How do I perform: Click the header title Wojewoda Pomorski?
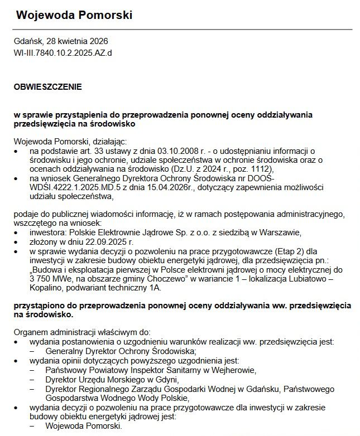74,15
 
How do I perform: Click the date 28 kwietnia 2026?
77,42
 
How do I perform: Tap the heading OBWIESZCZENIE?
48,87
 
